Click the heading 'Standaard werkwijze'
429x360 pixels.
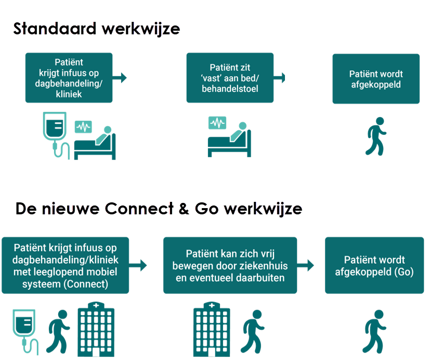coord(97,28)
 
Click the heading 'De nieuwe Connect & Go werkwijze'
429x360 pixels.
coord(159,209)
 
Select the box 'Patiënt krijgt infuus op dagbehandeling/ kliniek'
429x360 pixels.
coord(68,78)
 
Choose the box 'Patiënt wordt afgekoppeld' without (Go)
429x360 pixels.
coord(375,79)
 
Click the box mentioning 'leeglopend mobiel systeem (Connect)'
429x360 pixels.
coord(66,265)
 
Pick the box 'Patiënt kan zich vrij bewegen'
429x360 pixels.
coord(230,265)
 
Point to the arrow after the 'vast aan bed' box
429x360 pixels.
coord(279,78)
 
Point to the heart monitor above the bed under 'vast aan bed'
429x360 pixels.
coord(218,123)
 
